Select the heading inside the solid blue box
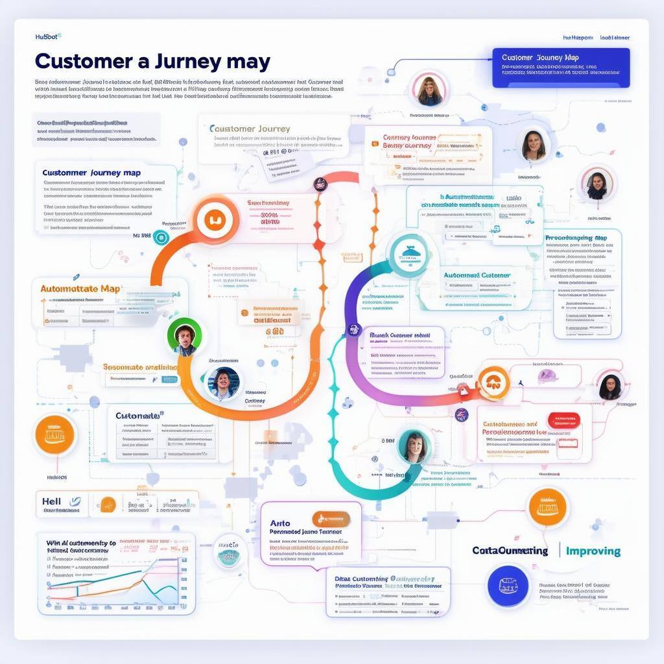pyautogui.click(x=540, y=58)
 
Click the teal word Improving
pyautogui.click(x=593, y=551)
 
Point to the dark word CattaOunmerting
pyautogui.click(x=510, y=551)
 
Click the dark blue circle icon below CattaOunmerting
pyautogui.click(x=508, y=586)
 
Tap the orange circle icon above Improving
pyautogui.click(x=547, y=507)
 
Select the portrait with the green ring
pyautogui.click(x=184, y=336)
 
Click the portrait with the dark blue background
pyautogui.click(x=223, y=383)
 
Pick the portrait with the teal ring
pyautogui.click(x=413, y=447)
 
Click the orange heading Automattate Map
pyautogui.click(x=80, y=289)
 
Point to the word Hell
pyautogui.click(x=51, y=501)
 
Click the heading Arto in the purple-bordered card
pyautogui.click(x=279, y=523)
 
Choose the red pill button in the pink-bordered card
pyautogui.click(x=564, y=421)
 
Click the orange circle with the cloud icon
pyautogui.click(x=493, y=383)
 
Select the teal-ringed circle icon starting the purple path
pyautogui.click(x=409, y=256)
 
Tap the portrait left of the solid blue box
pyautogui.click(x=429, y=89)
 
